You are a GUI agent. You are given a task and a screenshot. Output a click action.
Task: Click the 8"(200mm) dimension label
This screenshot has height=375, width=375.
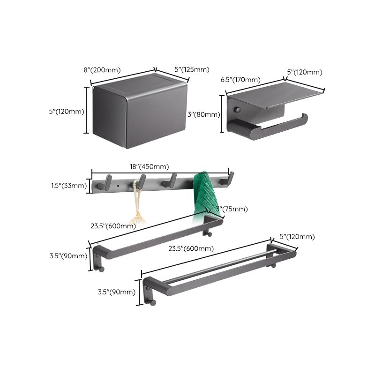pyautogui.click(x=102, y=70)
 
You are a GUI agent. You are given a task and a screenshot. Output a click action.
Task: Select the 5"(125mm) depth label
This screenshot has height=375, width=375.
pyautogui.click(x=192, y=70)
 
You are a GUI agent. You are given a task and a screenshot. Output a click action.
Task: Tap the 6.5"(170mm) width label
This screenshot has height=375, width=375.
pyautogui.click(x=240, y=80)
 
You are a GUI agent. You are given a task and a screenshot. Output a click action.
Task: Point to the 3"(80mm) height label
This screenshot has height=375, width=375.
pyautogui.click(x=203, y=114)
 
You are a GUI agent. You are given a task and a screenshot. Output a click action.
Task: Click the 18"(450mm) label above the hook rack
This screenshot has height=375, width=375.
pyautogui.click(x=149, y=166)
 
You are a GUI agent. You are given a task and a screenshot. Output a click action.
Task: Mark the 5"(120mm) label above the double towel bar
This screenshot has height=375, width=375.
pyautogui.click(x=297, y=237)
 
